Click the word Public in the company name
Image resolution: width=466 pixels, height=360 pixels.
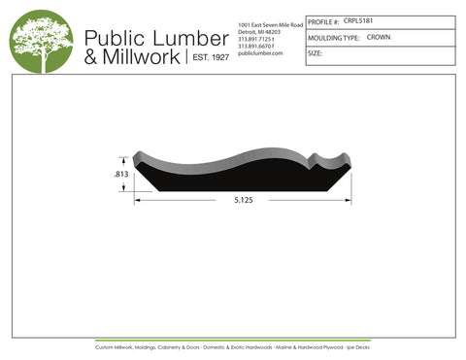point(117,37)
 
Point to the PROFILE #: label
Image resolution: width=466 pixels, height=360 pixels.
point(323,20)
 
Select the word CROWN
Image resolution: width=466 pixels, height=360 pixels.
point(379,37)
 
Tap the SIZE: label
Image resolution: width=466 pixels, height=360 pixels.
point(315,53)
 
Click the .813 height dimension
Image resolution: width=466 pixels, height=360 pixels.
point(122,175)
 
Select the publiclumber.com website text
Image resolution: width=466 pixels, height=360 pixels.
point(259,53)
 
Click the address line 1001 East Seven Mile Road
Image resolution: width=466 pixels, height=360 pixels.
point(269,23)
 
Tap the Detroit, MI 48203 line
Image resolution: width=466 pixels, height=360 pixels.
point(259,31)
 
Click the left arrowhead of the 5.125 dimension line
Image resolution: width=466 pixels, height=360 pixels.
point(138,201)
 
